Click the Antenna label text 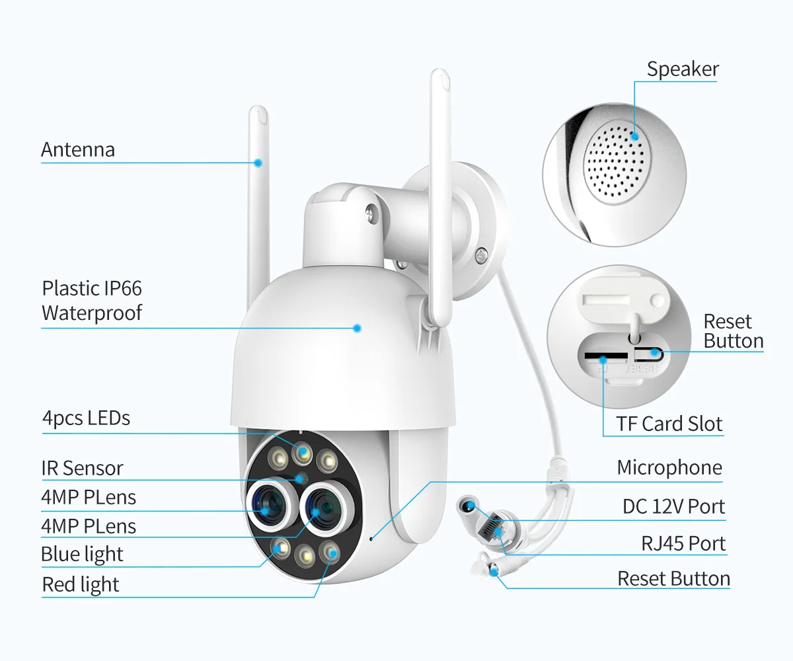pos(78,149)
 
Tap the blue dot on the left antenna pos(258,163)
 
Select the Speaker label pos(683,69)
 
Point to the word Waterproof pos(92,313)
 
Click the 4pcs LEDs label pos(86,418)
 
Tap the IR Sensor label pos(83,468)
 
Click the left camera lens pos(270,506)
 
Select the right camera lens pos(324,509)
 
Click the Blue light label pos(82,554)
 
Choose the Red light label pos(81,584)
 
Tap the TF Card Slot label pos(669,424)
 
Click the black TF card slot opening pos(606,356)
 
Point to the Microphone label pos(669,467)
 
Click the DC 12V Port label pos(674,506)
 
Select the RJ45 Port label pos(683,543)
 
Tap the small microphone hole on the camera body pos(371,538)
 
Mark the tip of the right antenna pos(440,70)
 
